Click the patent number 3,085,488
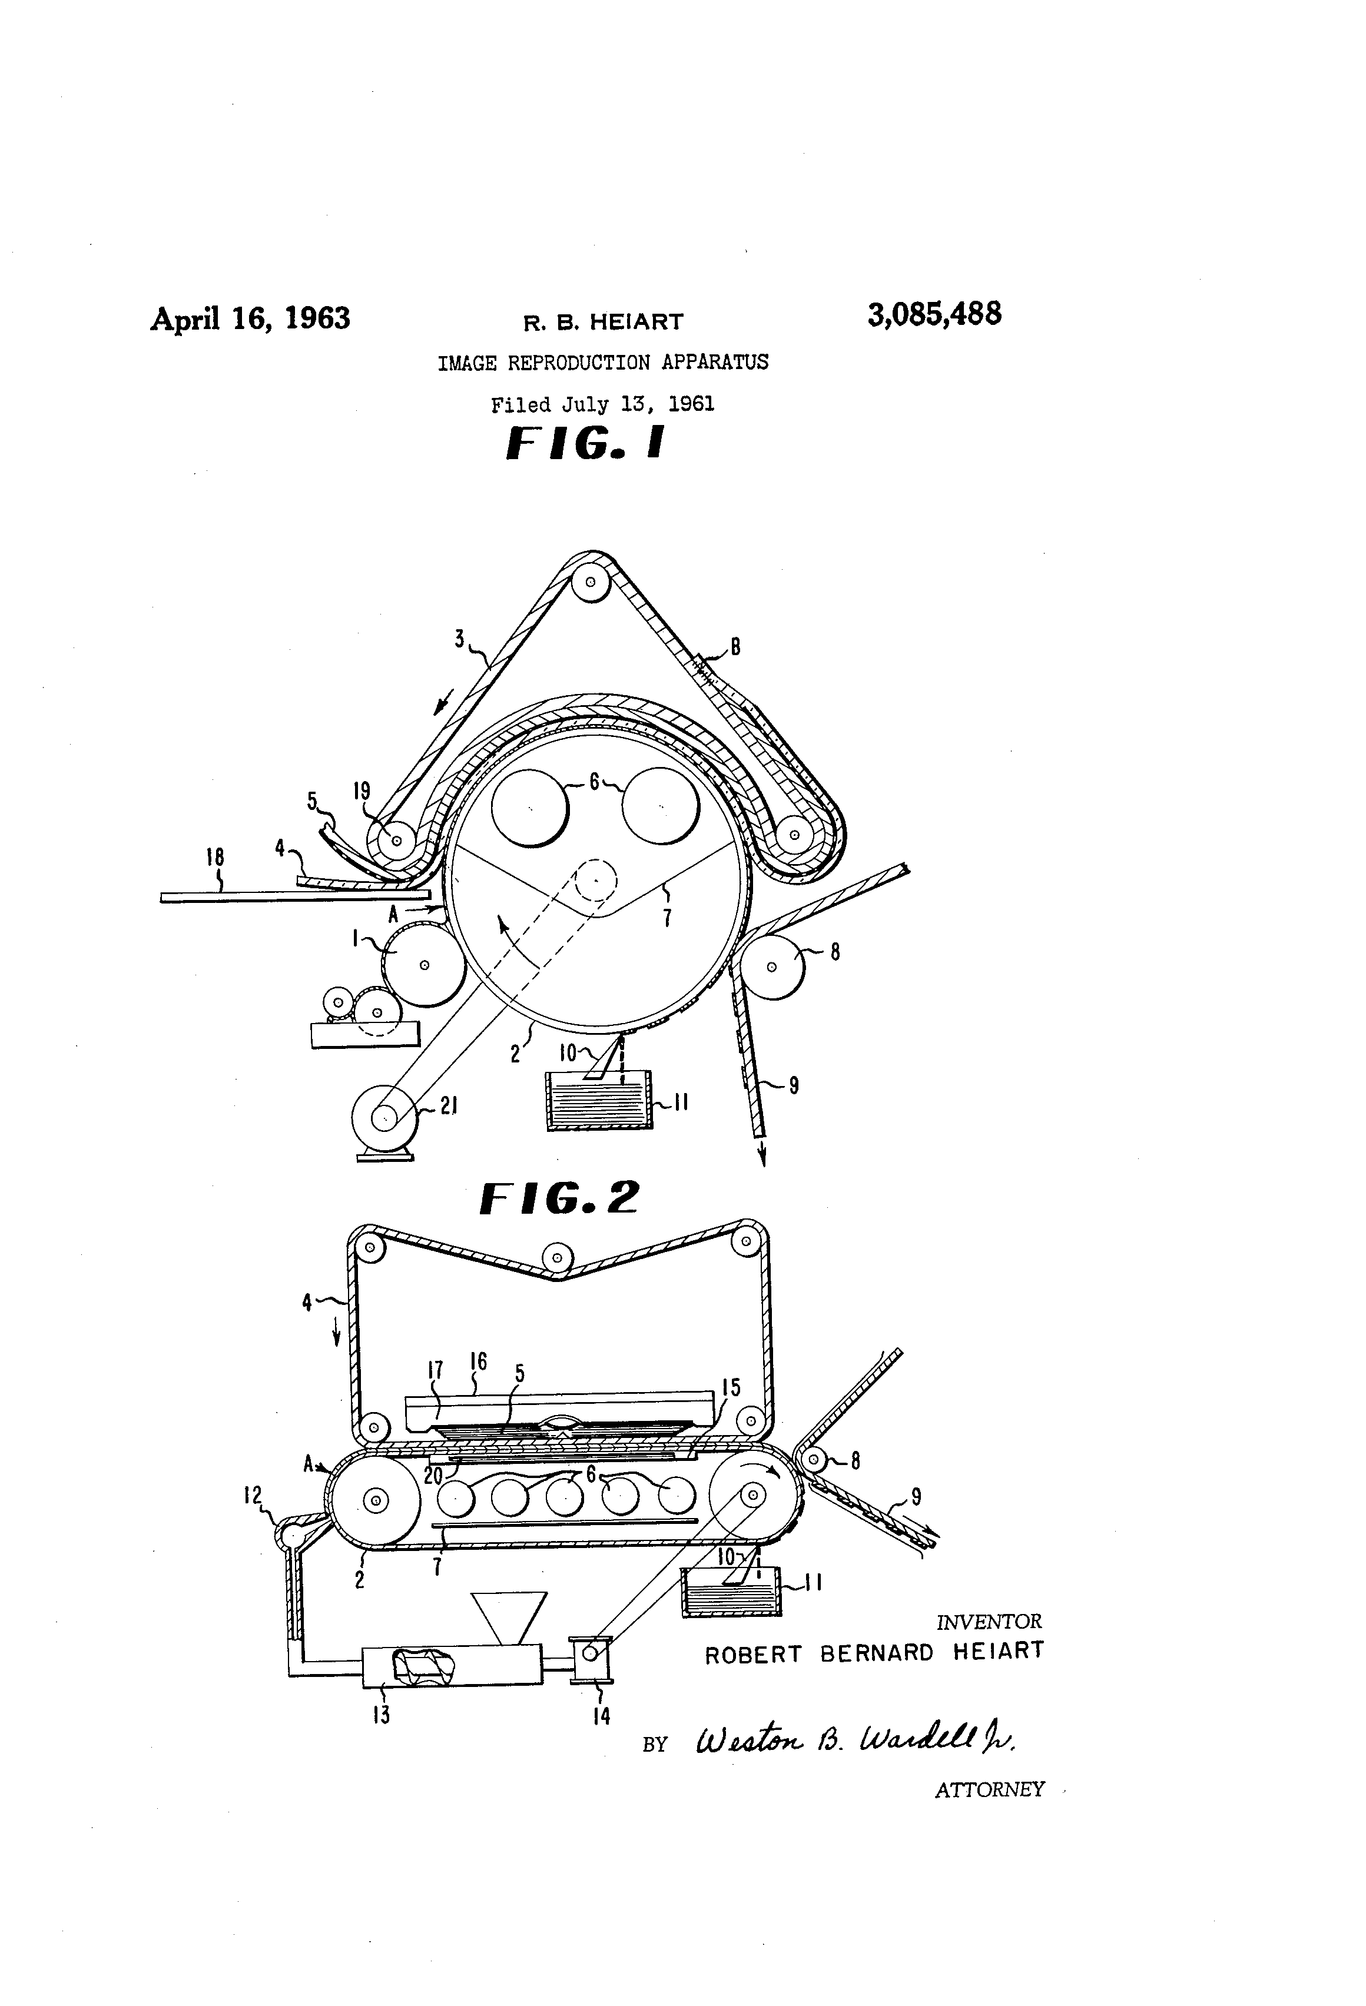click(934, 315)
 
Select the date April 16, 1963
click(250, 318)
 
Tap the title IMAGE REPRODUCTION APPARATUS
click(603, 363)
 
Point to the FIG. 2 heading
click(559, 1198)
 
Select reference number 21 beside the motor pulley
click(448, 1106)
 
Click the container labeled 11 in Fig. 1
click(600, 1101)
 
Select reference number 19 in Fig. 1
click(362, 791)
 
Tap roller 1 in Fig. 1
click(424, 964)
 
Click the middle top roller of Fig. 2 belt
click(558, 1258)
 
